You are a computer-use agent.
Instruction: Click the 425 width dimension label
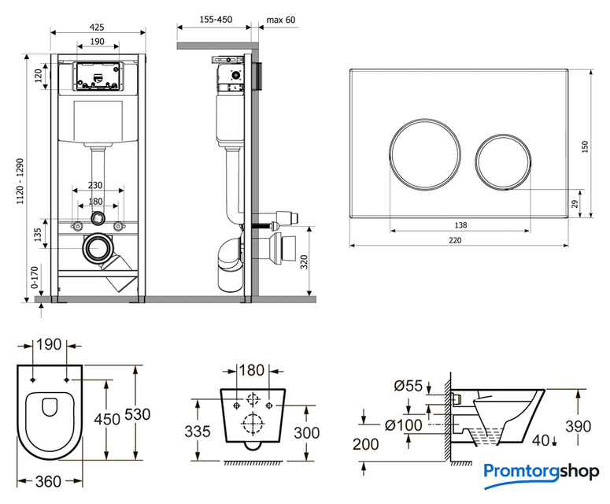(x=97, y=27)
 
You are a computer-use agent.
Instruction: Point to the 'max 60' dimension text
(x=280, y=20)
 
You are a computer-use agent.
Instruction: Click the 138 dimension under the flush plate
(x=460, y=225)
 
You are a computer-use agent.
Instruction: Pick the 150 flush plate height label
(x=585, y=148)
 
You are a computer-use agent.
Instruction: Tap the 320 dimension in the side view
(x=304, y=261)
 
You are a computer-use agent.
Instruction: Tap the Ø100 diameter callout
(x=403, y=425)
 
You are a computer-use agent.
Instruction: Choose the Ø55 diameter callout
(x=407, y=386)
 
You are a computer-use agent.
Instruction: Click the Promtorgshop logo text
(x=542, y=472)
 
